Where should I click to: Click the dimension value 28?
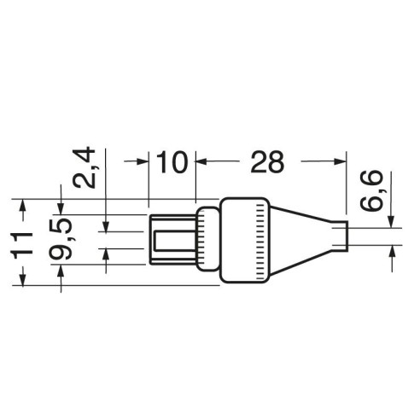click(267, 162)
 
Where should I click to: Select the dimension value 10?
click(172, 162)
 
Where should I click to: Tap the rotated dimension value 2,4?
click(84, 167)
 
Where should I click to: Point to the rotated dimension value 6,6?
click(370, 190)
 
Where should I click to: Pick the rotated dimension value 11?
click(22, 246)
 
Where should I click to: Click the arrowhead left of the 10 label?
click(143, 161)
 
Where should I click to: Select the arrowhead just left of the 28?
click(201, 161)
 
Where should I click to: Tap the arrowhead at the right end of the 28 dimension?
click(340, 161)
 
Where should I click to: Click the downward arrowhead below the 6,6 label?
click(392, 222)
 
